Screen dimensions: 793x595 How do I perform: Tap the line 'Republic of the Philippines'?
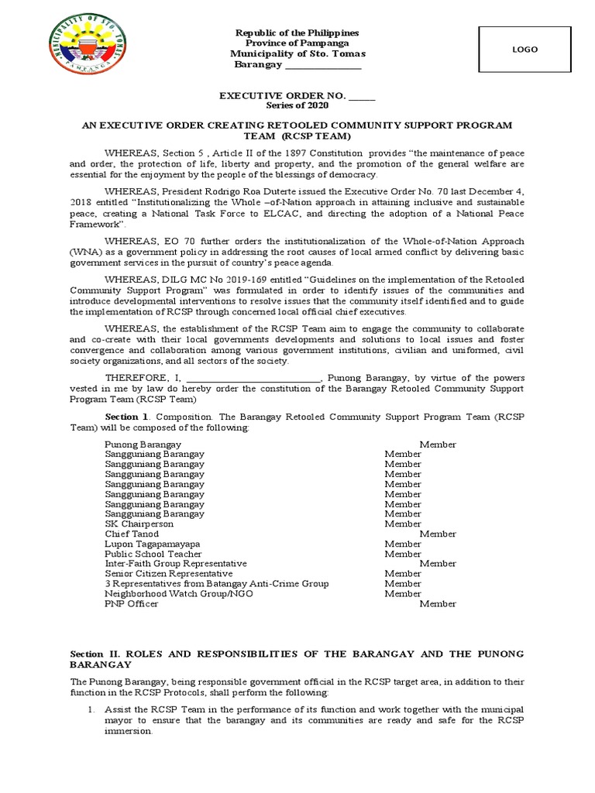coord(297,33)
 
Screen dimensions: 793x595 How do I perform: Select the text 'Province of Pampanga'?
coord(297,43)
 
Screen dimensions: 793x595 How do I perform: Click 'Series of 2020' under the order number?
coord(297,105)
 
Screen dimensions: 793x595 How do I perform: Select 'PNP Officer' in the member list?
coord(132,603)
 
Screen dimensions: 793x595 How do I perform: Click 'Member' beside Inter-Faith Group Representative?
coord(438,564)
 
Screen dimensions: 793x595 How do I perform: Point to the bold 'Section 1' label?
coord(126,417)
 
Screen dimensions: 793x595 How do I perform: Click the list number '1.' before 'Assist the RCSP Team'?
coord(90,709)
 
